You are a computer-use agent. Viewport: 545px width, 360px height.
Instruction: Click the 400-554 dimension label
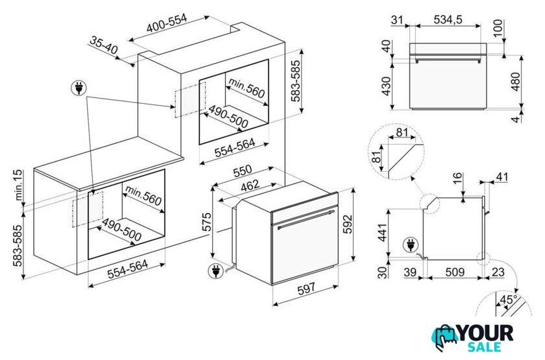tap(167, 23)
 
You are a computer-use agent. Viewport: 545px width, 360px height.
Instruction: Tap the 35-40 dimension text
tap(104, 45)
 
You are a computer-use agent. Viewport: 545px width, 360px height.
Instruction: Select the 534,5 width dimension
tap(448, 19)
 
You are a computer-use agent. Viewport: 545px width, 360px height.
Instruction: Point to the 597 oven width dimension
tap(306, 288)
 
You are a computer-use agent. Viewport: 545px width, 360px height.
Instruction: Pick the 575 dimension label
tap(206, 222)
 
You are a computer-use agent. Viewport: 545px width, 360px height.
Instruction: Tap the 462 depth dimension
tap(250, 186)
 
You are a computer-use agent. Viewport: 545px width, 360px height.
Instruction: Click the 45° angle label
tap(508, 299)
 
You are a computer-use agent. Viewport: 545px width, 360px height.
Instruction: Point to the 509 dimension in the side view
tap(455, 272)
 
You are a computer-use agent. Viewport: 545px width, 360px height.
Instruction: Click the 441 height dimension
tap(382, 232)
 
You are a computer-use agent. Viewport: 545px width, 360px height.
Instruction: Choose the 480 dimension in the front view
tap(516, 82)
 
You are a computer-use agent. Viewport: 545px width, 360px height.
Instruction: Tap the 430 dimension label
tap(386, 86)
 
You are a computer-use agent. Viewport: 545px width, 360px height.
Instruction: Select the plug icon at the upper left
tap(79, 88)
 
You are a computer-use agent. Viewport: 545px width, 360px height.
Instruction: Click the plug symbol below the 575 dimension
tap(215, 271)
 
